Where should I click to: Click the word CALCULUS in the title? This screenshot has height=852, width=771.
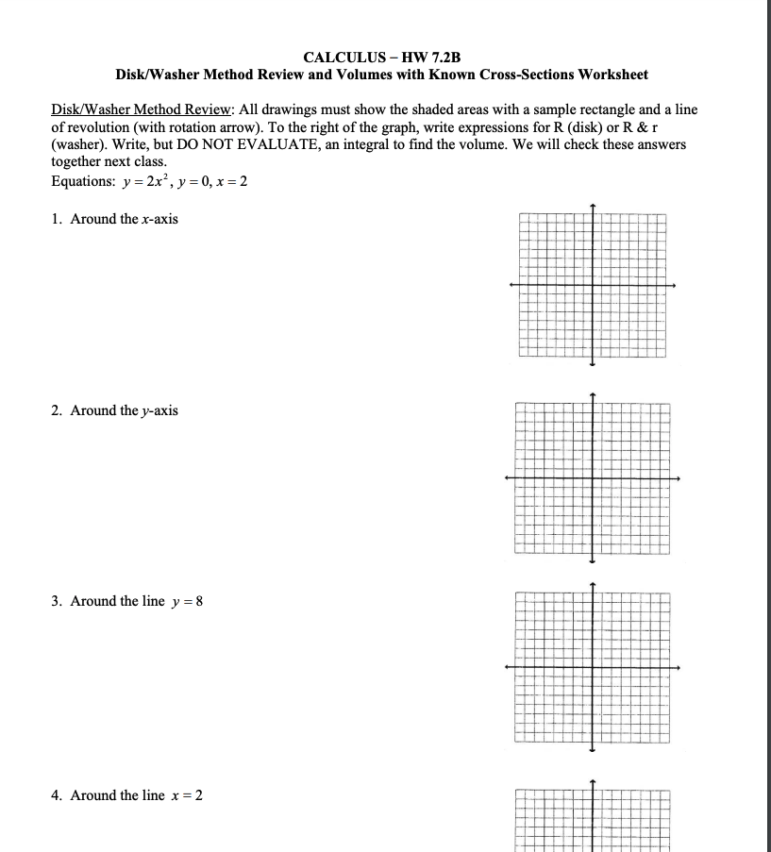click(337, 57)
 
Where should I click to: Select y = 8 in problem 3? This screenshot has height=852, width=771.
click(188, 601)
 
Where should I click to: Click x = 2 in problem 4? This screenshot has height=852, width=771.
click(187, 795)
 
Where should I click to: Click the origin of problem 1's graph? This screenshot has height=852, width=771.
click(593, 285)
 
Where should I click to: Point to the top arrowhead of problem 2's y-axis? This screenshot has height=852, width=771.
click(593, 396)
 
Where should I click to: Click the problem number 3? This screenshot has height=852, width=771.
click(56, 601)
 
